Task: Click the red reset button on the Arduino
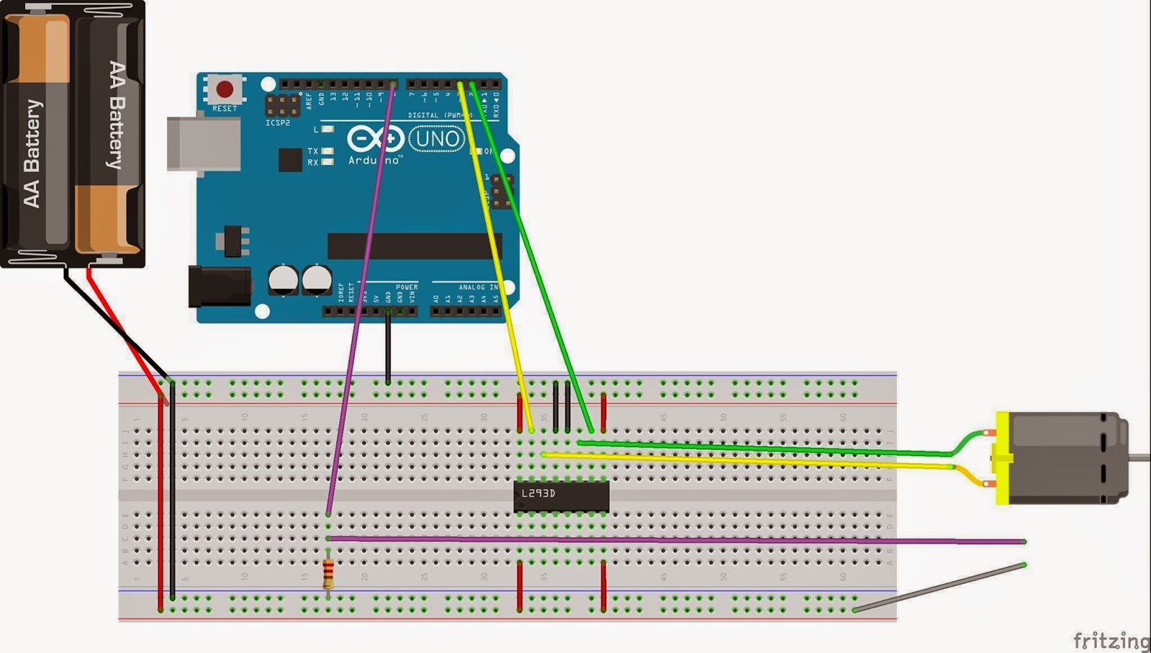pyautogui.click(x=224, y=89)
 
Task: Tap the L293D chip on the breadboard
pyautogui.click(x=561, y=496)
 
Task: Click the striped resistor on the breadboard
pyautogui.click(x=329, y=573)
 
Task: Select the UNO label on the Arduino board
pyautogui.click(x=437, y=138)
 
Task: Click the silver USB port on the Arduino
pyautogui.click(x=204, y=144)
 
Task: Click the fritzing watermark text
pyautogui.click(x=1110, y=639)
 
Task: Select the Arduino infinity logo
pyautogui.click(x=375, y=139)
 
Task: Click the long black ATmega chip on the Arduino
pyautogui.click(x=414, y=246)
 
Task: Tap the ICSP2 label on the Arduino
pyautogui.click(x=278, y=123)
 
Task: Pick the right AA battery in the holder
pyautogui.click(x=109, y=137)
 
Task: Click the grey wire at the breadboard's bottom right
pyautogui.click(x=939, y=588)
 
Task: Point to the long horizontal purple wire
pyautogui.click(x=676, y=539)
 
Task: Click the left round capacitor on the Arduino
pyautogui.click(x=283, y=280)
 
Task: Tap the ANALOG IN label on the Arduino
pyautogui.click(x=478, y=287)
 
